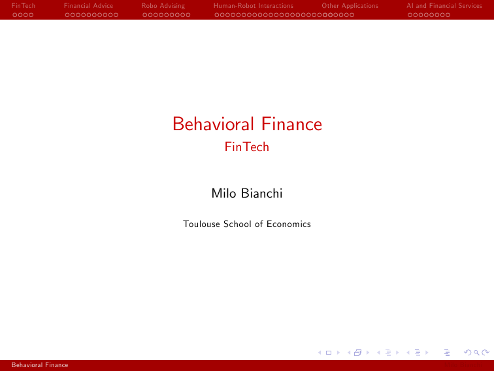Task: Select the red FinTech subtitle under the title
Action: [247, 147]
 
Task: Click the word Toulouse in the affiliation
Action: [202, 224]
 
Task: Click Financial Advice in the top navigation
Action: [89, 6]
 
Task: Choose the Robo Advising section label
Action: [163, 6]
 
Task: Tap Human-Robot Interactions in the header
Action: [254, 6]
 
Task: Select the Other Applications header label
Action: [350, 6]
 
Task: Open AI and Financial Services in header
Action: [444, 6]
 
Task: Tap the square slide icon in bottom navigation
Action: [329, 353]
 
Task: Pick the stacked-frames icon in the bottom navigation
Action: [357, 353]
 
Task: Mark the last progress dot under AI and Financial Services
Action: [448, 14]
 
